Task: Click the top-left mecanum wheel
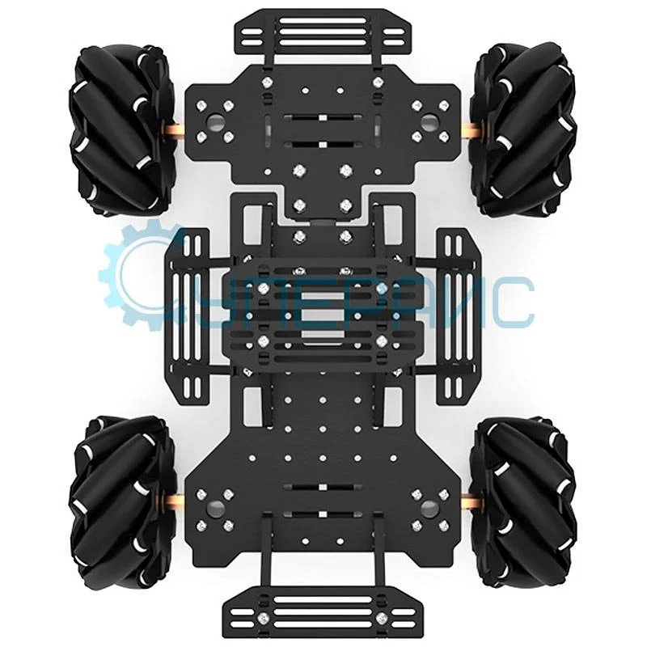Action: point(121,129)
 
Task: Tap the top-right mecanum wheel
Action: point(526,129)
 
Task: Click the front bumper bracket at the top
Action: point(323,32)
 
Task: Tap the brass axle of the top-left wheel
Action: point(177,130)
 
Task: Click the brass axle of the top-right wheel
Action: point(470,130)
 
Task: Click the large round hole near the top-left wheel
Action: point(217,121)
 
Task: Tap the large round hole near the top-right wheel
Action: point(430,121)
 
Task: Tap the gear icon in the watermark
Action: point(142,275)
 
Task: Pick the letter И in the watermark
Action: point(462,303)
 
